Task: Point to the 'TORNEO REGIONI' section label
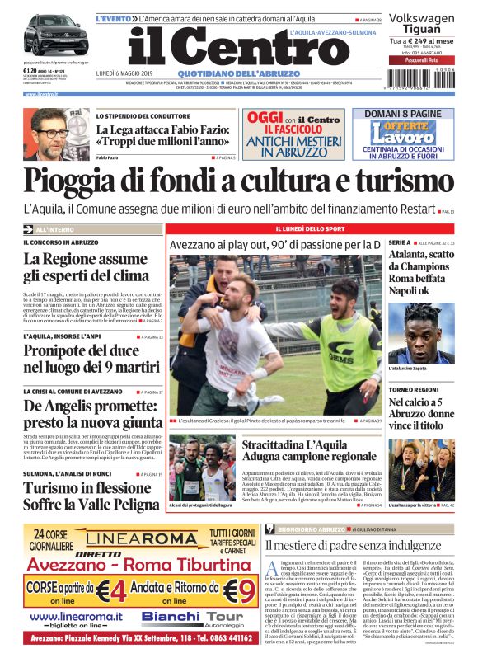click(x=411, y=388)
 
